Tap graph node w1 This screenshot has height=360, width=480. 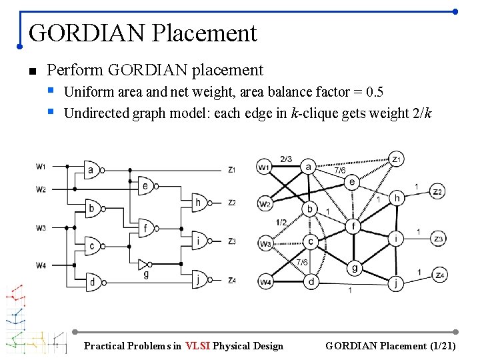265,166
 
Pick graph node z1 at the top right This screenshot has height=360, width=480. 397,159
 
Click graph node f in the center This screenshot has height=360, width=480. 353,227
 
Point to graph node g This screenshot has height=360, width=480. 354,268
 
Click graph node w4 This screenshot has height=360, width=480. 265,282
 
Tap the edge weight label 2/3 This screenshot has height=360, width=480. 286,159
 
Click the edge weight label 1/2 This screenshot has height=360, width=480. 281,222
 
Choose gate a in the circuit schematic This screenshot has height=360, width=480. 93,169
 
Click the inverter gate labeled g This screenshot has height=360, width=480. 145,265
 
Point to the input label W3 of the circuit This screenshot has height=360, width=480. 41,228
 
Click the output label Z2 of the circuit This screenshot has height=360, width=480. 231,203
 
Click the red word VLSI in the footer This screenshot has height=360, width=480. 199,345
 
